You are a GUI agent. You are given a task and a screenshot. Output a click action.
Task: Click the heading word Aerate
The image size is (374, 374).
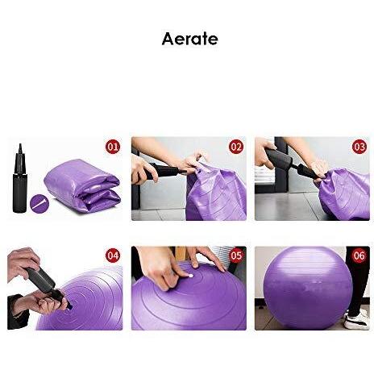click(x=189, y=39)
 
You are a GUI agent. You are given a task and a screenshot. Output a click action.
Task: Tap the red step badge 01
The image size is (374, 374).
click(x=113, y=147)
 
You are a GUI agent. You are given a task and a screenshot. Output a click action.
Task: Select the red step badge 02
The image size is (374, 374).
click(x=236, y=147)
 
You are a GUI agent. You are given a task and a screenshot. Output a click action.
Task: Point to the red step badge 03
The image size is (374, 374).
click(x=359, y=147)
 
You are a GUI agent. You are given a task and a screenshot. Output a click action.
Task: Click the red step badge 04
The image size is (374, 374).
click(x=113, y=256)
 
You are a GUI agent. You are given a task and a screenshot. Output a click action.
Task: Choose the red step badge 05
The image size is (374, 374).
click(x=236, y=256)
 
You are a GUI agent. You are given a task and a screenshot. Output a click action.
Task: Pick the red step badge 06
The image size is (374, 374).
click(x=359, y=256)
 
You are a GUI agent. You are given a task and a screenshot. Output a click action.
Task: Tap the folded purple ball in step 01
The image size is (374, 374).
click(x=81, y=185)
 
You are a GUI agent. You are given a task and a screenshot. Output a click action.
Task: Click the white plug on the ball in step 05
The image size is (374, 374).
click(x=192, y=276)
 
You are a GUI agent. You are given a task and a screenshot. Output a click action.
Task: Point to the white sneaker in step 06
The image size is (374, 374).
click(x=357, y=320)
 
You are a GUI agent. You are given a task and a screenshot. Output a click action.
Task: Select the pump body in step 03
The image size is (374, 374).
click(x=280, y=158)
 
